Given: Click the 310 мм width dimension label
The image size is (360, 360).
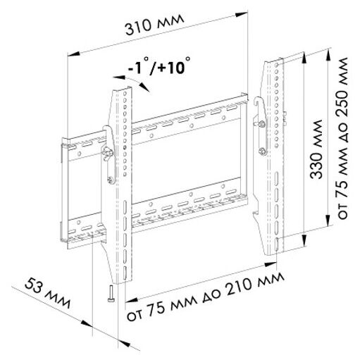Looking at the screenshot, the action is pos(154,25).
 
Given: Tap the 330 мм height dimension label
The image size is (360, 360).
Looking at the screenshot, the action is pos(316,149).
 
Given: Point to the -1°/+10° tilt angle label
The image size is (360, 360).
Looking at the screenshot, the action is pos(159,66).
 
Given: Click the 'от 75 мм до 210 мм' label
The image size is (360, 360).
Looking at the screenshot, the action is pos(206,296).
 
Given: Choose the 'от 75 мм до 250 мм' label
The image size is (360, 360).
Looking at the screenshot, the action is pos(342,139).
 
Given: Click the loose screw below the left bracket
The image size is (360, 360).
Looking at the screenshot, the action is pos(111,294).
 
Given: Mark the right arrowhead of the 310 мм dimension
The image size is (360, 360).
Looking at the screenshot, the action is pos(242,14).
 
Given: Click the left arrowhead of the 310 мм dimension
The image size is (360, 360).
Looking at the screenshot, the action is pos(73,54).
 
